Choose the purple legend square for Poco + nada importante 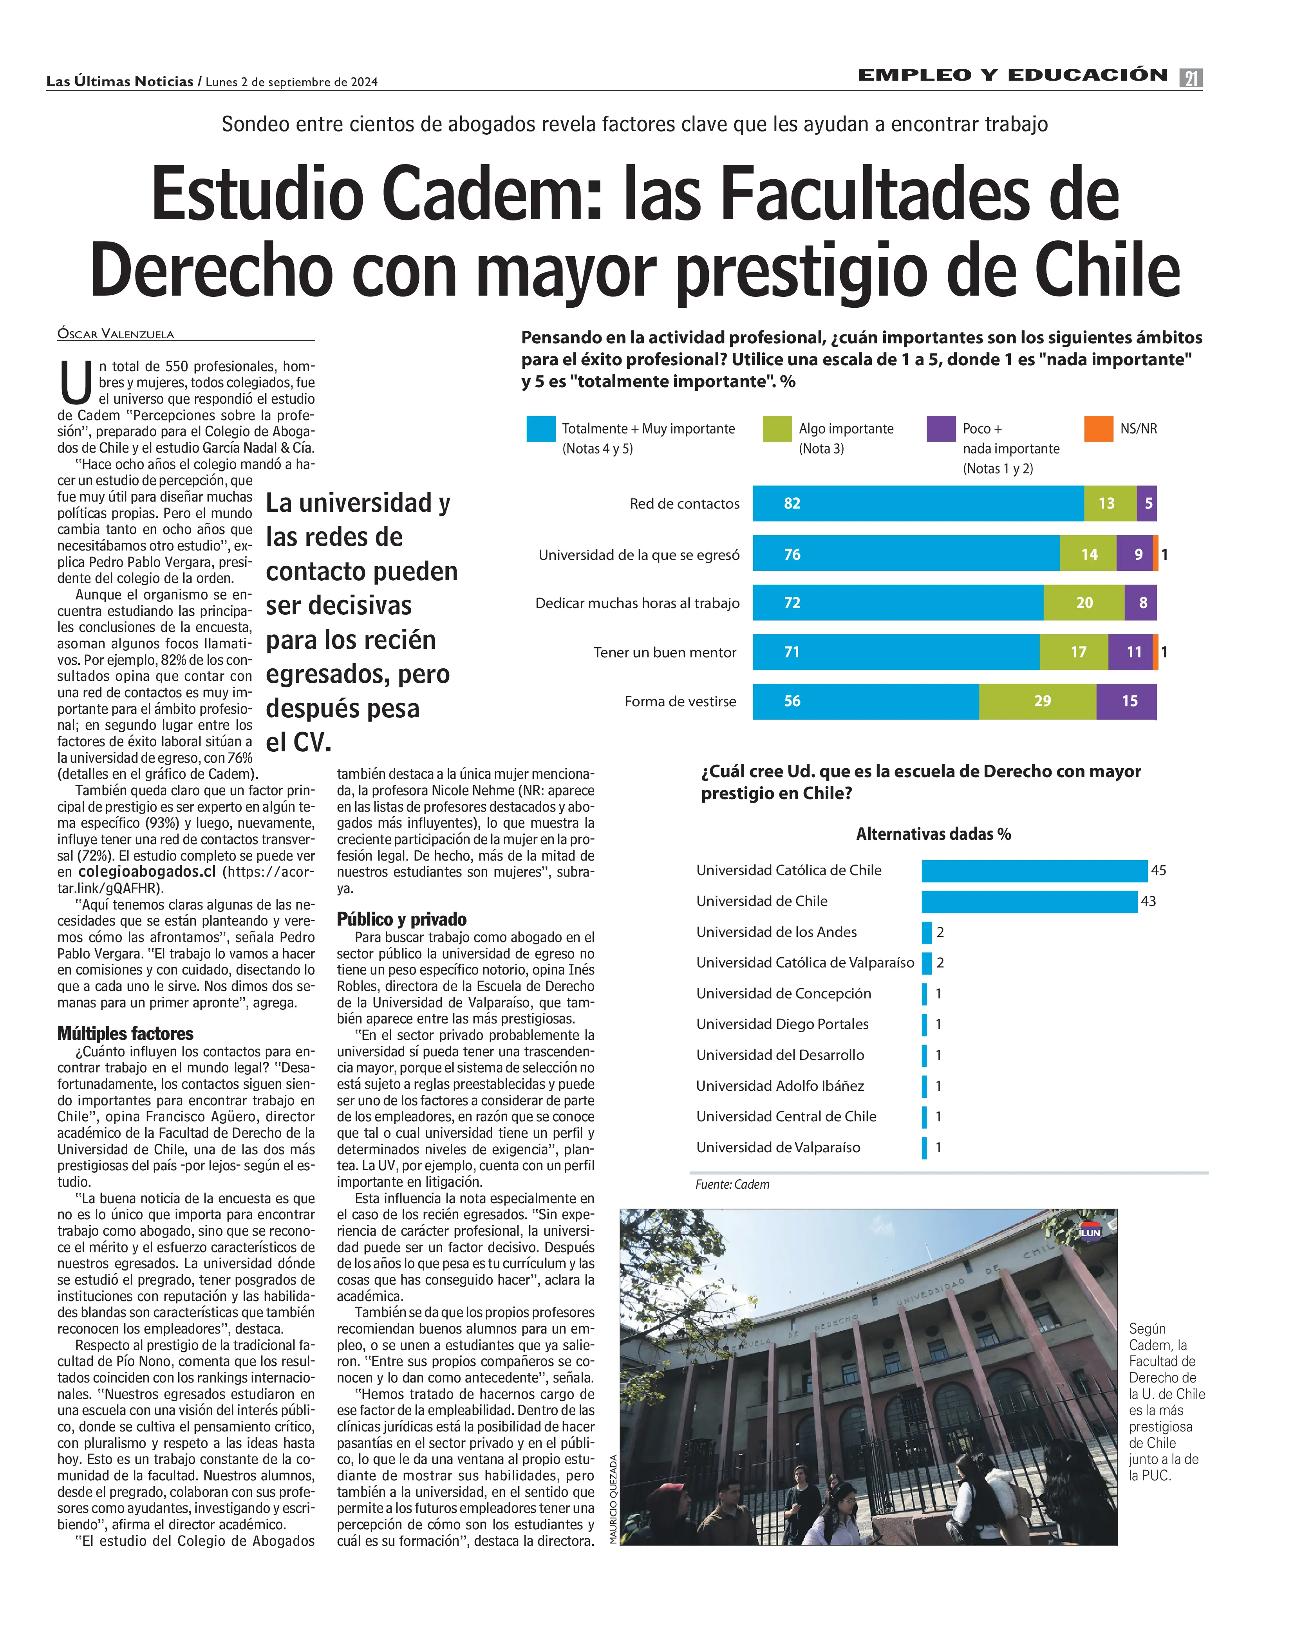[941, 429]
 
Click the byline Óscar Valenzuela [116, 334]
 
